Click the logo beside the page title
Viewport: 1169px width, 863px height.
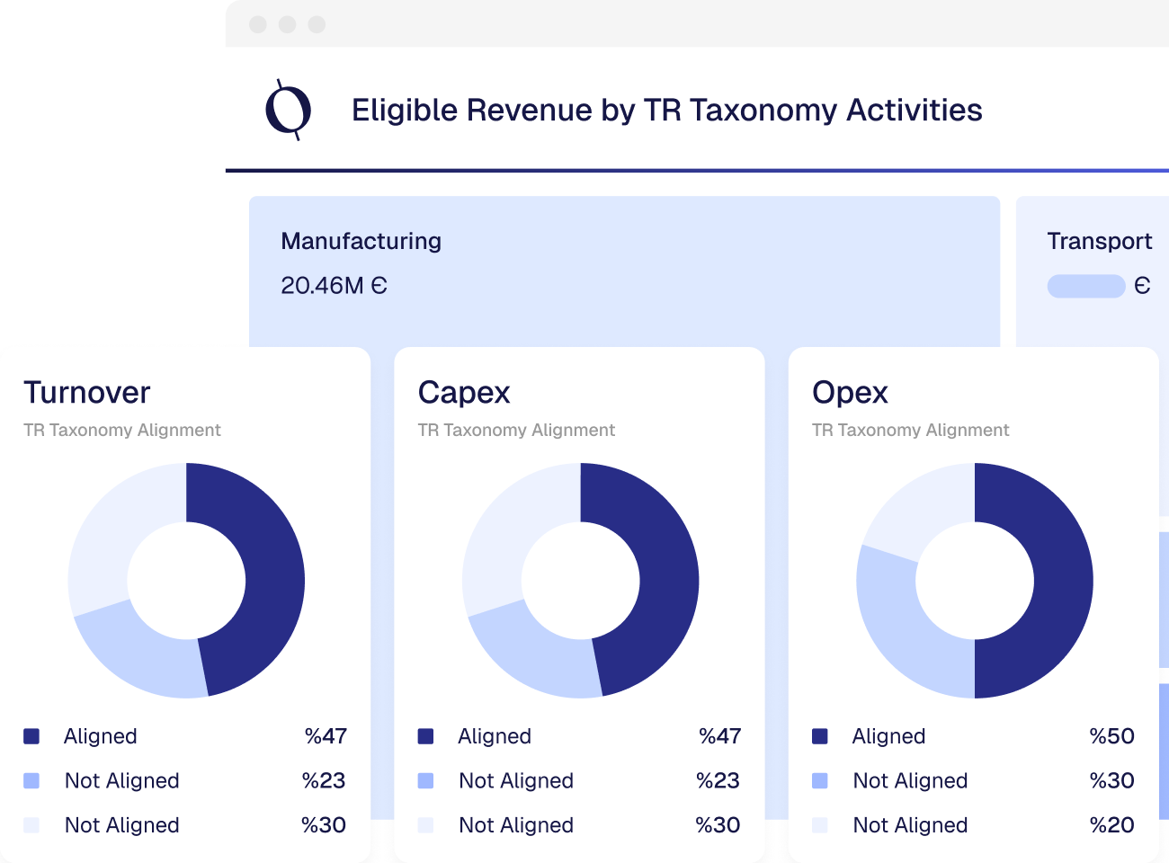[x=289, y=110]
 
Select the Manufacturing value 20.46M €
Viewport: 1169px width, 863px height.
[x=334, y=286]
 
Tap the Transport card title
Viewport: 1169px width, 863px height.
[x=1099, y=241]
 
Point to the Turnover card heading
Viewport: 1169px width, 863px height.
[x=87, y=393]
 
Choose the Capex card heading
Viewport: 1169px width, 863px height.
[x=464, y=393]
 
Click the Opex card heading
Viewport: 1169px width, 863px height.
[x=850, y=393]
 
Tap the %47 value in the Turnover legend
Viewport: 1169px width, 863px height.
[x=326, y=736]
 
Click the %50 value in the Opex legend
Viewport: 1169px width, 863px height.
[x=1111, y=736]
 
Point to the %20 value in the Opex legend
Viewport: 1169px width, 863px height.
[x=1111, y=825]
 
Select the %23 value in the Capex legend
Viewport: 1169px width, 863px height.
[x=718, y=780]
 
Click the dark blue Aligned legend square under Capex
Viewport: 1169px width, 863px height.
[x=426, y=736]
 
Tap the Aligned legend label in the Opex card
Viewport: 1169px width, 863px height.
[x=888, y=736]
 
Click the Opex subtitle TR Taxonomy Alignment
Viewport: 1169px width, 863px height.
[x=910, y=431]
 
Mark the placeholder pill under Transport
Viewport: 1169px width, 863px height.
[x=1086, y=286]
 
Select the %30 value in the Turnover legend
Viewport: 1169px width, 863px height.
[x=324, y=825]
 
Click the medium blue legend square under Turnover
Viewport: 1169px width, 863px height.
[x=31, y=780]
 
